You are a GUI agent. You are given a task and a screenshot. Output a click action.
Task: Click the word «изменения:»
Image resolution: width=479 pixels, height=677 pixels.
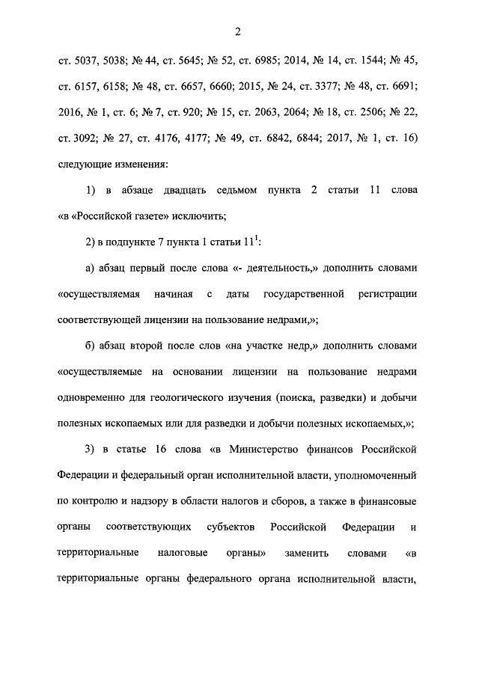click(x=138, y=162)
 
